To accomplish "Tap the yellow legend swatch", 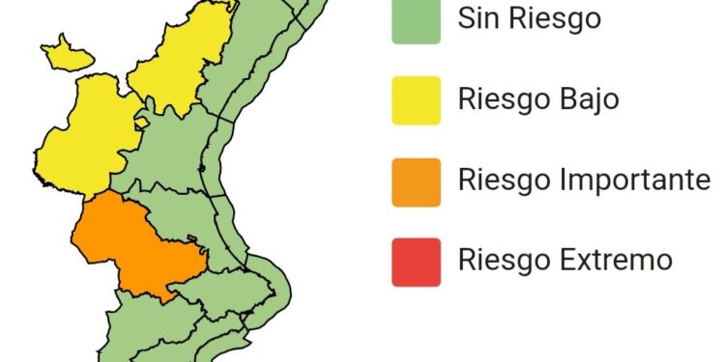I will [x=417, y=100].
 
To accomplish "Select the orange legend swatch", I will [x=417, y=181].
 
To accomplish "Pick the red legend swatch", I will [x=417, y=262].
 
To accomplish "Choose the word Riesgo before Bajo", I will [x=503, y=99].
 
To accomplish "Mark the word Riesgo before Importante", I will [x=503, y=181].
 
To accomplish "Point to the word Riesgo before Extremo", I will [x=503, y=260].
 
